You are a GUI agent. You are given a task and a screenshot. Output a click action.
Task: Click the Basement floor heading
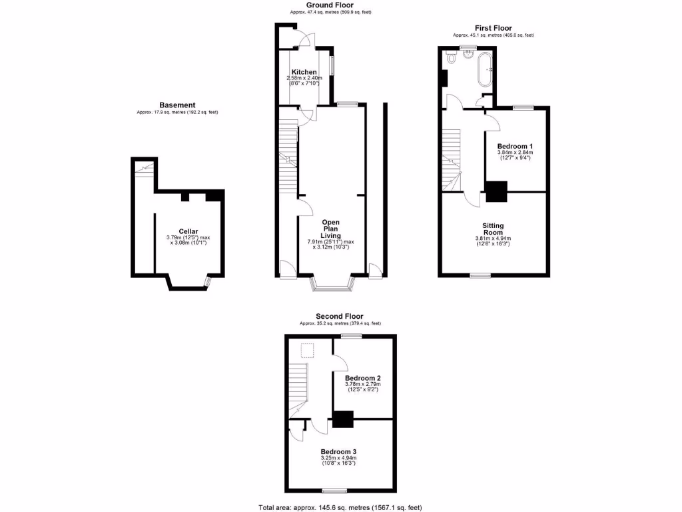click(x=177, y=105)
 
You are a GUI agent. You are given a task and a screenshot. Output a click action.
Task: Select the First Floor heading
click(x=493, y=28)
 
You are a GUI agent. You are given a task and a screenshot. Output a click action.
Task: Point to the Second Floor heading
click(x=340, y=316)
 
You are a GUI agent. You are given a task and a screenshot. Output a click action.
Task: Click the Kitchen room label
click(x=304, y=72)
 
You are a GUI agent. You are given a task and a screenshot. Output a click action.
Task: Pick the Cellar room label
click(x=178, y=231)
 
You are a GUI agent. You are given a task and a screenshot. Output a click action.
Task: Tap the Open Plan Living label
click(x=331, y=229)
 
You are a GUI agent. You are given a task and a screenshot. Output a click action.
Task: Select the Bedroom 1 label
click(x=515, y=146)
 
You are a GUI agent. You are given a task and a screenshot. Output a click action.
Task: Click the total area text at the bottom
click(x=340, y=507)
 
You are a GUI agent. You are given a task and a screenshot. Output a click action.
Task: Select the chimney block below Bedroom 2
click(x=342, y=419)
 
